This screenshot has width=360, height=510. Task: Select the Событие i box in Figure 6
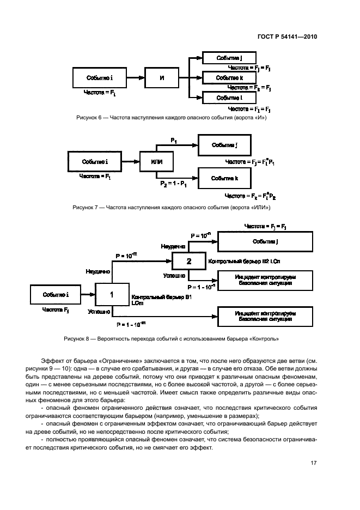point(100,78)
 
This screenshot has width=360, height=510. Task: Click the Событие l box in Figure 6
point(229,98)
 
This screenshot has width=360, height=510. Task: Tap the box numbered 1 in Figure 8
point(112,295)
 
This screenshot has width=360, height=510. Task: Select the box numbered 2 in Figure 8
point(188,262)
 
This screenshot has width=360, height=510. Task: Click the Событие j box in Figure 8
point(265,241)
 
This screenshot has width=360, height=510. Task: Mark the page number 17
point(313,463)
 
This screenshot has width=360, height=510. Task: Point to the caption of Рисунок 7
point(171,208)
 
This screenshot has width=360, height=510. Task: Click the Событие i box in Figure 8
point(56,295)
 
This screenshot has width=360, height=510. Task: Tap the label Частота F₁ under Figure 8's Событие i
point(56,310)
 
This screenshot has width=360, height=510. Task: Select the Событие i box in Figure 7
point(95,162)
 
